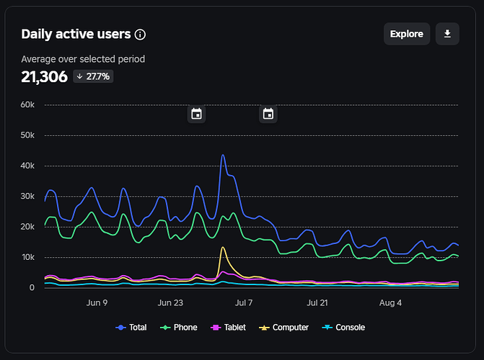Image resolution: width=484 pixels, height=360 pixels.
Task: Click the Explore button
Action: (x=407, y=34)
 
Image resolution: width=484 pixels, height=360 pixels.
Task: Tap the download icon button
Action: (x=447, y=34)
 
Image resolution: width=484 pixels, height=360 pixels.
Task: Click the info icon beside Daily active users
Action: (x=140, y=35)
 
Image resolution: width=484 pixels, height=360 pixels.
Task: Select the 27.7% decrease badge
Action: (x=93, y=76)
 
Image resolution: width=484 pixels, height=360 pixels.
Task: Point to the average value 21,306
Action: (x=44, y=77)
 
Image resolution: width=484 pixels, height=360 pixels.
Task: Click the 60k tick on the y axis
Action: (x=27, y=105)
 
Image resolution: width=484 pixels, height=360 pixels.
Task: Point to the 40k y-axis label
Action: (x=27, y=166)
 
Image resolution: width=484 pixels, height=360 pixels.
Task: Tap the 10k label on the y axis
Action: (x=28, y=257)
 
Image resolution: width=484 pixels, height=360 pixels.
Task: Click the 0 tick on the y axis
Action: (x=32, y=287)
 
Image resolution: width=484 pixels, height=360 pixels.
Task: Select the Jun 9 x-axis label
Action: (x=97, y=302)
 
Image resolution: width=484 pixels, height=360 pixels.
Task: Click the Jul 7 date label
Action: (x=244, y=302)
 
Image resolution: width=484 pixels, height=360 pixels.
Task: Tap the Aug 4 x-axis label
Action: (x=390, y=302)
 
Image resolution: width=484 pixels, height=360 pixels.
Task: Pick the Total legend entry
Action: (x=131, y=328)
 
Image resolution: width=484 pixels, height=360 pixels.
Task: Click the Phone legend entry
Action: (x=178, y=328)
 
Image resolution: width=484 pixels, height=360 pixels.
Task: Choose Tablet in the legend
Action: (x=228, y=328)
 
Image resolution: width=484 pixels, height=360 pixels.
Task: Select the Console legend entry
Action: (x=343, y=328)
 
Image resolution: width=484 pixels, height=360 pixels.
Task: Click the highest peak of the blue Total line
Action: (x=223, y=155)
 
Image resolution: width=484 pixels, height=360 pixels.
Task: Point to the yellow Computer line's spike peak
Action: (x=223, y=247)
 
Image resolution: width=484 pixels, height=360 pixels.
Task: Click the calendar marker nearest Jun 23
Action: (x=197, y=114)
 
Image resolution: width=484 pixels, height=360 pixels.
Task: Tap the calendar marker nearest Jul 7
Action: (x=268, y=114)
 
